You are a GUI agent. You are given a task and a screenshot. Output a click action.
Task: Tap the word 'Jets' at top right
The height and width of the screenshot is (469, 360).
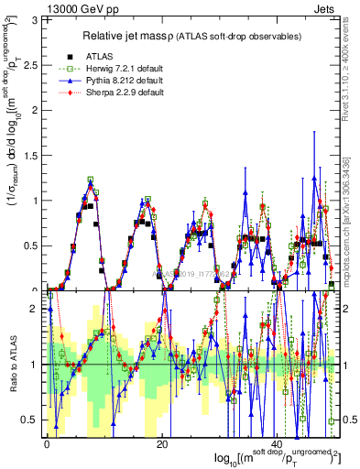pos(326,8)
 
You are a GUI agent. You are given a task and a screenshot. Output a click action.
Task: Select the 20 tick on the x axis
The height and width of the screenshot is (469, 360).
pos(161,443)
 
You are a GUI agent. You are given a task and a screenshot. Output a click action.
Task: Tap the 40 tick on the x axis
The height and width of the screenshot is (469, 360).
pos(277,443)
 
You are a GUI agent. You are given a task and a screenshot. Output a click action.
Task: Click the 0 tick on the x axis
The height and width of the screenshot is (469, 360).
pos(47,443)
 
